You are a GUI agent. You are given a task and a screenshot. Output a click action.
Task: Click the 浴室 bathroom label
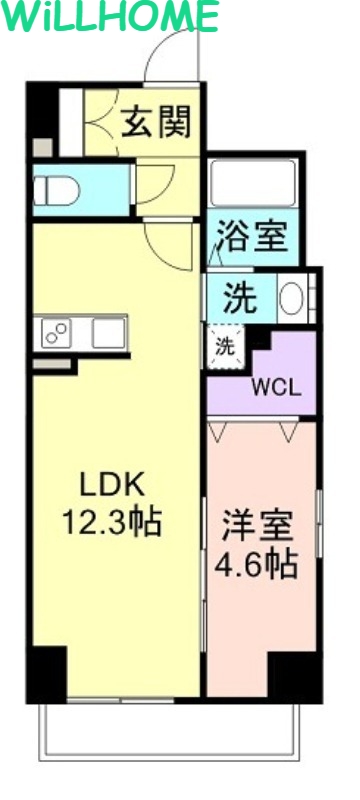click(x=253, y=237)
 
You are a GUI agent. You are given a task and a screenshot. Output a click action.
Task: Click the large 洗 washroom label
click(x=240, y=297)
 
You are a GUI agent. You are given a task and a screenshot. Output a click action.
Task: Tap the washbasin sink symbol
click(x=291, y=299)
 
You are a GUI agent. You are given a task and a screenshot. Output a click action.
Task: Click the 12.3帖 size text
click(x=113, y=522)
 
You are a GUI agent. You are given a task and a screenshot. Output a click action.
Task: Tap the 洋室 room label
click(x=257, y=524)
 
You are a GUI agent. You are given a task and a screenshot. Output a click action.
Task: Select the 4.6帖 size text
click(x=257, y=564)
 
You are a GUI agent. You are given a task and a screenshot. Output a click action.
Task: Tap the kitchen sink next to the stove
click(x=108, y=332)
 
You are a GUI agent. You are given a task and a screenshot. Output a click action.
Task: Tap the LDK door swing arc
click(x=165, y=245)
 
